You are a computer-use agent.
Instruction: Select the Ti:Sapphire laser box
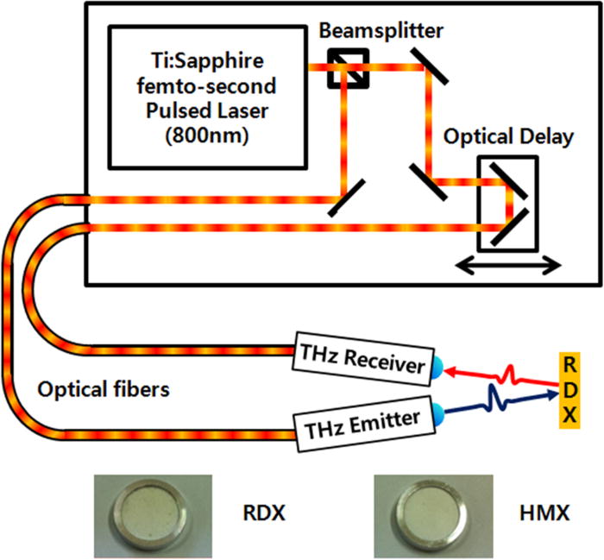click(206, 96)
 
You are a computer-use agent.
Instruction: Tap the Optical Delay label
click(506, 138)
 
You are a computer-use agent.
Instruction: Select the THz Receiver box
click(362, 366)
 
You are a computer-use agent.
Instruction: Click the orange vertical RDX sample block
click(570, 388)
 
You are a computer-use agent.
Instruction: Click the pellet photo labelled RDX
click(150, 514)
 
